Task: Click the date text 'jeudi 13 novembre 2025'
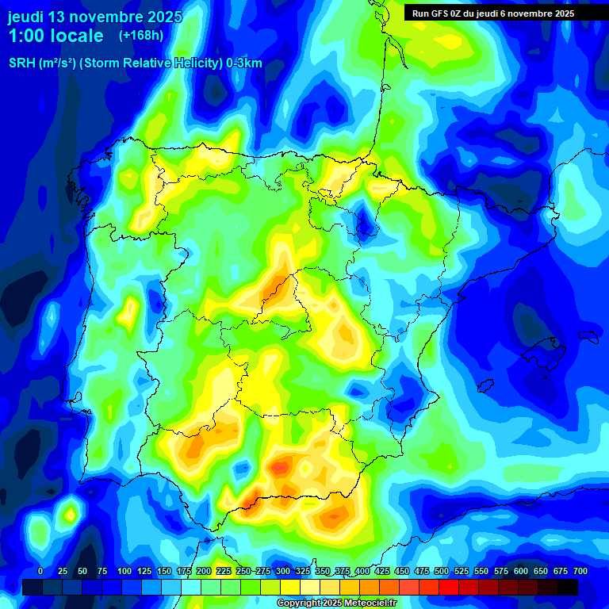coord(95,17)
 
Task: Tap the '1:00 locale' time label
coord(56,36)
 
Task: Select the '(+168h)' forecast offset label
coord(140,35)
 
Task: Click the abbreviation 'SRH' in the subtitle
coord(22,64)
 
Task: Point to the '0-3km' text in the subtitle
coord(244,64)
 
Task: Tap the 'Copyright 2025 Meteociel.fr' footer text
coord(335,603)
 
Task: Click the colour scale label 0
coord(40,571)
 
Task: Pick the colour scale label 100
coord(124,571)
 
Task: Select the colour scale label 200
coord(204,571)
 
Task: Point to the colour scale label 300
coord(283,571)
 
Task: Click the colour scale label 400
coord(362,571)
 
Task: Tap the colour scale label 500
coord(442,571)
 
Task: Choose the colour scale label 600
coord(521,571)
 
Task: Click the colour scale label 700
coord(580,571)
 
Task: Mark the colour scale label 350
coord(323,571)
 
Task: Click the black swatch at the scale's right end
coord(568,587)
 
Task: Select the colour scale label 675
coord(561,571)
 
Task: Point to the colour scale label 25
coord(62,571)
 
